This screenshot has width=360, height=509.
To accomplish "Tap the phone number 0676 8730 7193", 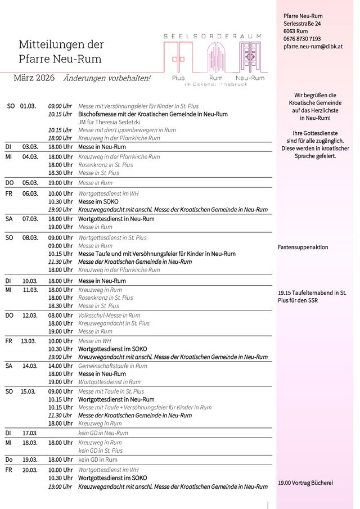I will click(x=302, y=39).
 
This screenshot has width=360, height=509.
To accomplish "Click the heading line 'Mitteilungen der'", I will click(x=61, y=44).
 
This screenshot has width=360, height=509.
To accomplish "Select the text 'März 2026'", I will click(x=34, y=78).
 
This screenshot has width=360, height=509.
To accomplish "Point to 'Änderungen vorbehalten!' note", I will click(x=107, y=78).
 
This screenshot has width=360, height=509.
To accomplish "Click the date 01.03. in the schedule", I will click(x=28, y=106).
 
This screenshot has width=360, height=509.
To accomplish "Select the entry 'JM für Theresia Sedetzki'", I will click(x=109, y=121).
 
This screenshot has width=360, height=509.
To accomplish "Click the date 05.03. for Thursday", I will click(x=29, y=183).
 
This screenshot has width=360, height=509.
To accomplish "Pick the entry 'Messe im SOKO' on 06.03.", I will click(x=94, y=201).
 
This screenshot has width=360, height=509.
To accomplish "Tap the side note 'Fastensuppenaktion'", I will click(x=303, y=247).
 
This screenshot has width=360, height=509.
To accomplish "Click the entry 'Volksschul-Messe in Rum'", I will click(x=109, y=316).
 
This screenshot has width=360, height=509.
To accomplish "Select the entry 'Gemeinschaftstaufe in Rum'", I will click(x=112, y=366).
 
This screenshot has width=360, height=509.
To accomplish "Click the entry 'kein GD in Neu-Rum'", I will click(x=103, y=433).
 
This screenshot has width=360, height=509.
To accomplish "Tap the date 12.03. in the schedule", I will click(x=29, y=316).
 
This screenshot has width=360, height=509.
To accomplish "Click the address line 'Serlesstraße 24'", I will click(x=303, y=24).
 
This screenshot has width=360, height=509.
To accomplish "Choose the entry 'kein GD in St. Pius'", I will click(x=100, y=451).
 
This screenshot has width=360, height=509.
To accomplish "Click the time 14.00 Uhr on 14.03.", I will click(x=60, y=366).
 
